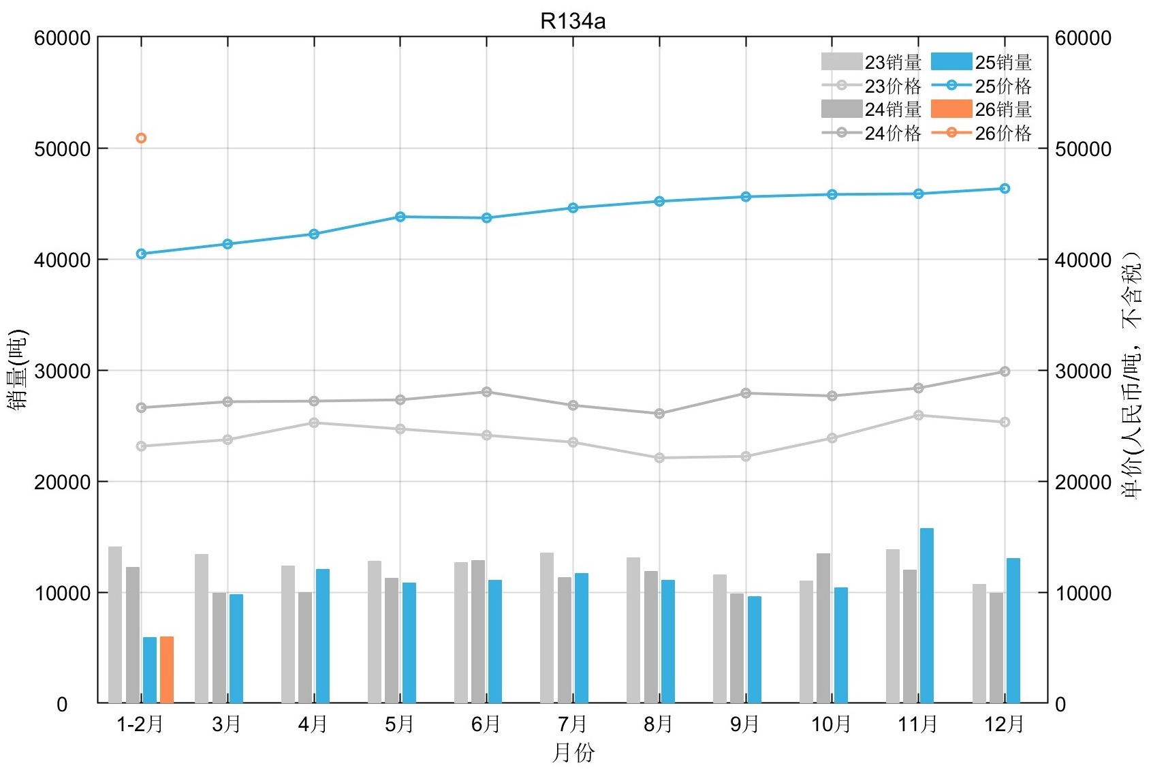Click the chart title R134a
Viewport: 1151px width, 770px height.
point(572,21)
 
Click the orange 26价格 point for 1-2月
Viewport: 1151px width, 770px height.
point(141,138)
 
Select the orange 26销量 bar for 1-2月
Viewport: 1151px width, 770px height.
point(167,669)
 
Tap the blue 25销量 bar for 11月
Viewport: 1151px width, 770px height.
point(927,615)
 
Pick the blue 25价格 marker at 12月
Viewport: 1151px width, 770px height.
point(1005,189)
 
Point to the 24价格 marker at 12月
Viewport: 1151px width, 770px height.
point(1005,371)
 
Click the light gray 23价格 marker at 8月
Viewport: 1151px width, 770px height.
point(659,458)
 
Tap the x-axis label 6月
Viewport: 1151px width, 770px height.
point(486,724)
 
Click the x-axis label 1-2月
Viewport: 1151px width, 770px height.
point(140,724)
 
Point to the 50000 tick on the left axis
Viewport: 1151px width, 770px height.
point(63,149)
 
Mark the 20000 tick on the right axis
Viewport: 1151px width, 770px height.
point(1083,482)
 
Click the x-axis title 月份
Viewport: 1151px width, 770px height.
point(573,753)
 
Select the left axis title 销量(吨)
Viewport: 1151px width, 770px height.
point(18,370)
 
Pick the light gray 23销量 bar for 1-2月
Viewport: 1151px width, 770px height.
point(115,625)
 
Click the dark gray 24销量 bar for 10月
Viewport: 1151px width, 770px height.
point(823,628)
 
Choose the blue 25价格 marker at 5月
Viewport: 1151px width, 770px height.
point(400,217)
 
